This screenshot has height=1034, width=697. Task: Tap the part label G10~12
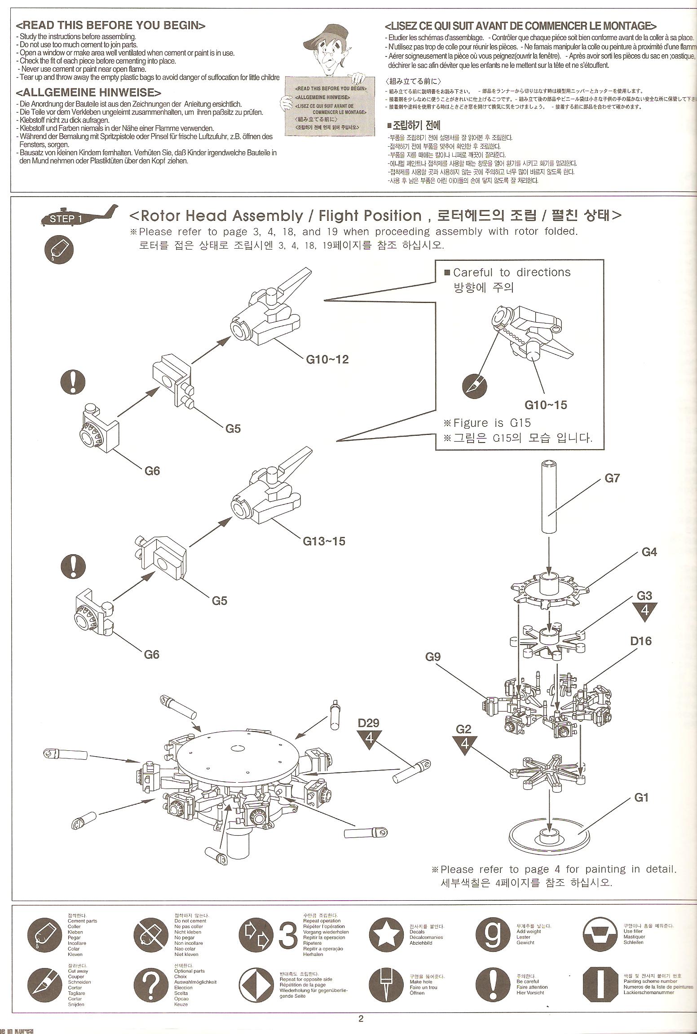pyautogui.click(x=327, y=359)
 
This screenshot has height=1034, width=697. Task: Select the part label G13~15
pyautogui.click(x=324, y=541)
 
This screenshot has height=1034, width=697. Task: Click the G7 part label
pyautogui.click(x=612, y=478)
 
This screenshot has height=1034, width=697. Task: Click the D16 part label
pyautogui.click(x=640, y=641)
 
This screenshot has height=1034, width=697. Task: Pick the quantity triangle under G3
pyautogui.click(x=644, y=611)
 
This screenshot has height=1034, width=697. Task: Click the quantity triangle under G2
pyautogui.click(x=464, y=744)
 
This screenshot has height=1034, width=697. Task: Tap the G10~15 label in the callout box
pyautogui.click(x=546, y=405)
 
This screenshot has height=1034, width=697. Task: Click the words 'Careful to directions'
pyautogui.click(x=512, y=272)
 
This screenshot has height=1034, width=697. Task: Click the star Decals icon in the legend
pyautogui.click(x=385, y=933)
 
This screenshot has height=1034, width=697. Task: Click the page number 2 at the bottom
pyautogui.click(x=361, y=1018)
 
